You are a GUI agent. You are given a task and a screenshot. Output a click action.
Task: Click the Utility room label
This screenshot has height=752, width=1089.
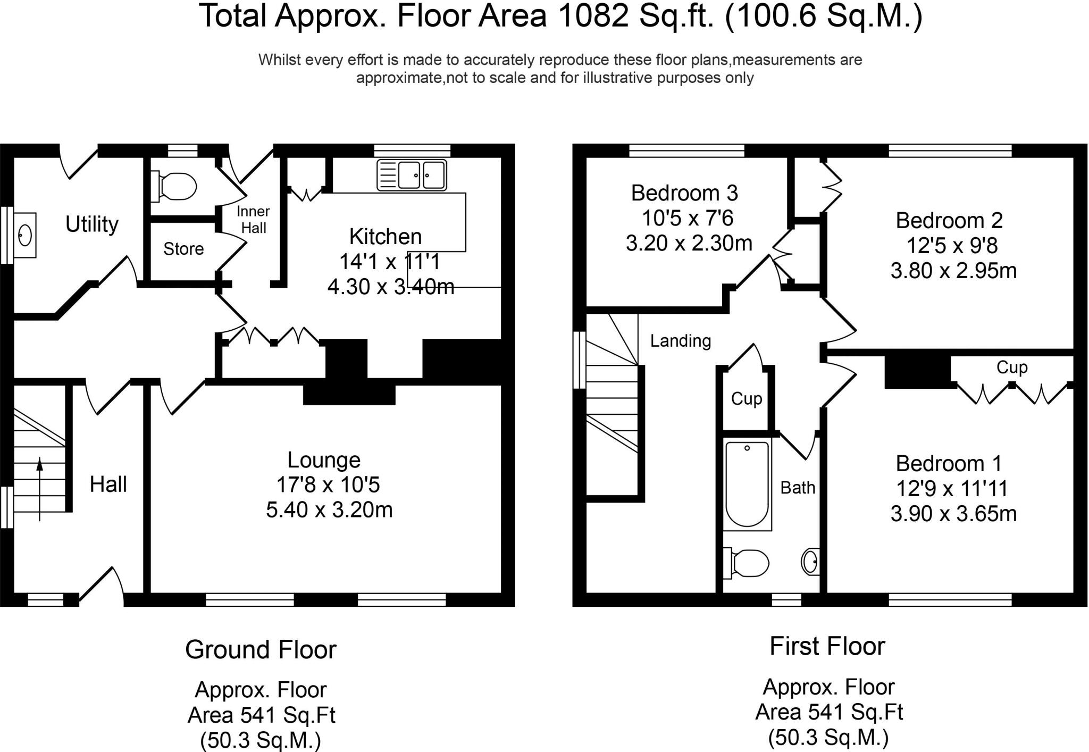tap(92, 224)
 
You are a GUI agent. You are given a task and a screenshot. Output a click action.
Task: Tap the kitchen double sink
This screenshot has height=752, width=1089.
tap(412, 174)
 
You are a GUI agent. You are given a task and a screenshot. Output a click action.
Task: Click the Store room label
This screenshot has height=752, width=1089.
tap(183, 249)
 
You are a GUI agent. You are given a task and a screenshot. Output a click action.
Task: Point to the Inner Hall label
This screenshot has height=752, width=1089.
tap(254, 220)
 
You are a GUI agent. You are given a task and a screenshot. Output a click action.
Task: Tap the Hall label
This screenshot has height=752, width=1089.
tap(108, 484)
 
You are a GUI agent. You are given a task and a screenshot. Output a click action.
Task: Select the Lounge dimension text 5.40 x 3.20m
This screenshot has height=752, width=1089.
tap(329, 510)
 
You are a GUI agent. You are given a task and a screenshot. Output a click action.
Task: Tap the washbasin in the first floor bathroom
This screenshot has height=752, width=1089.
tap(810, 561)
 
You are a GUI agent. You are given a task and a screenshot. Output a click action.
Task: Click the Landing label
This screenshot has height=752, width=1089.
tap(681, 341)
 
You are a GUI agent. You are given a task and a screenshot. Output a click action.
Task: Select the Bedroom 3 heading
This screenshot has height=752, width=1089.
tap(684, 193)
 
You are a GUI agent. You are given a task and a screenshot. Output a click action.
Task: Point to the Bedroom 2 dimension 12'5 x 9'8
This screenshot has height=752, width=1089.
tap(952, 246)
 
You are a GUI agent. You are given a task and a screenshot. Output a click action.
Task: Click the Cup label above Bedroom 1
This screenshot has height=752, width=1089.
tap(1012, 367)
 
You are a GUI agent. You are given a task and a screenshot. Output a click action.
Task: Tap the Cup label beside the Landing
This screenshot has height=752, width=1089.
tap(747, 399)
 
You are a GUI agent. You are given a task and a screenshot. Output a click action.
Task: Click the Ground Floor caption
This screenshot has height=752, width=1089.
tap(261, 650)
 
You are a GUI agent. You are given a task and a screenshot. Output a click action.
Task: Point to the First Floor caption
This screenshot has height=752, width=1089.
tap(827, 647)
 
